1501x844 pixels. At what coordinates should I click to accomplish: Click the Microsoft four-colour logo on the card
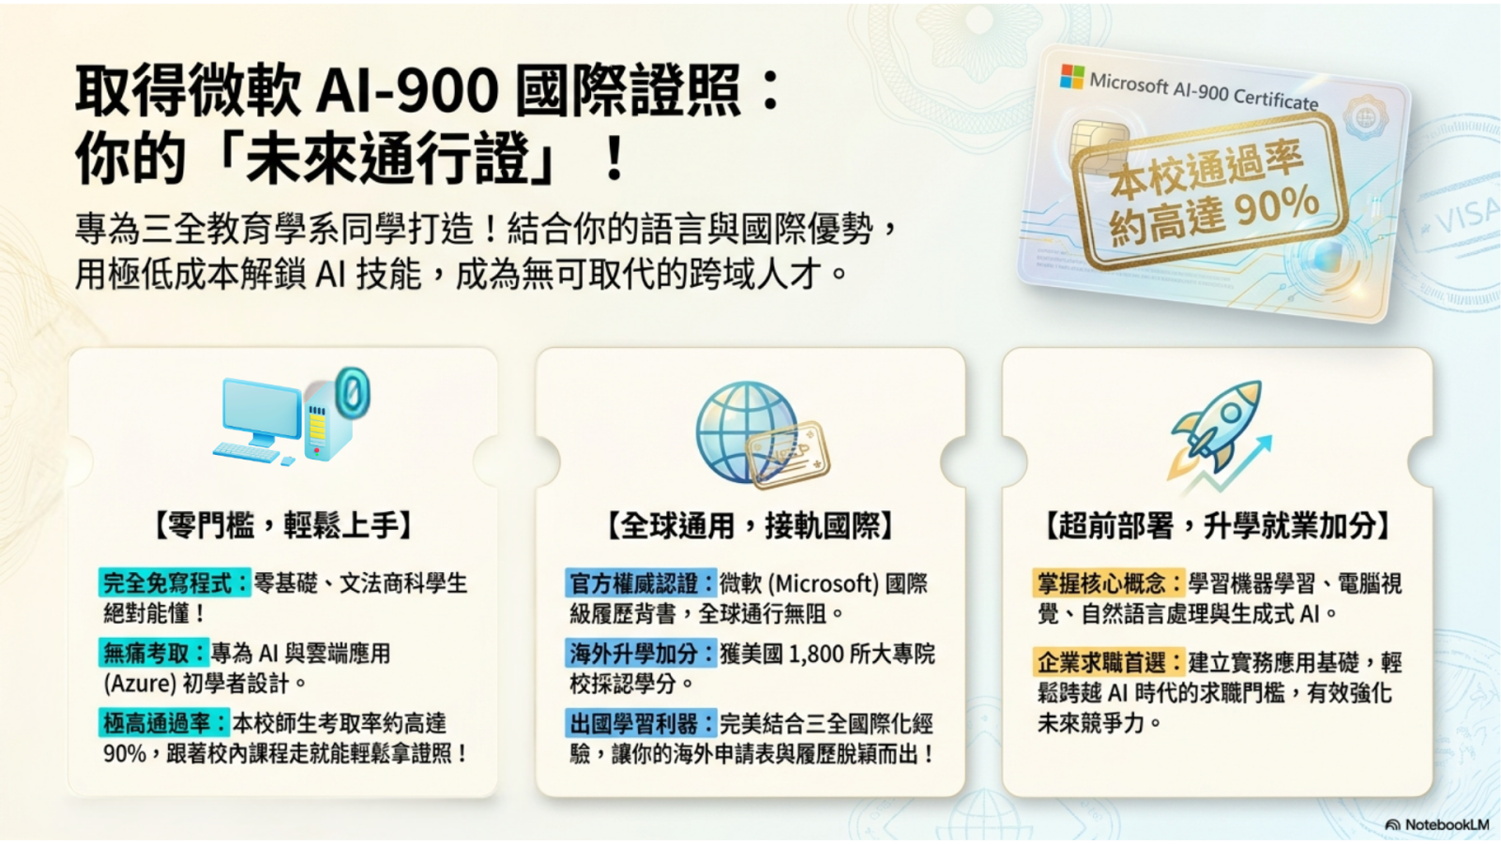pyautogui.click(x=1072, y=76)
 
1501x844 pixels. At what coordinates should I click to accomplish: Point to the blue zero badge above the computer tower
pyautogui.click(x=353, y=391)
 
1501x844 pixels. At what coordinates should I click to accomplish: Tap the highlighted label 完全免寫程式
pyautogui.click(x=174, y=582)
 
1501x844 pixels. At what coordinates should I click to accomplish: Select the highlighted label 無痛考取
pyautogui.click(x=154, y=653)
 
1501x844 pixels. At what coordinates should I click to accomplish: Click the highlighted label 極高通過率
pyautogui.click(x=164, y=723)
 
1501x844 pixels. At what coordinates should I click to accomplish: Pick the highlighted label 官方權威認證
pyautogui.click(x=641, y=582)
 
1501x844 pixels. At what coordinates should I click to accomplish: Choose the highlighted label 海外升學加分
pyautogui.click(x=641, y=653)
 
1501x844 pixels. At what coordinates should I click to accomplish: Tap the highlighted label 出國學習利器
pyautogui.click(x=641, y=723)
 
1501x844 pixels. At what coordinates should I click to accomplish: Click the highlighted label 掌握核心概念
pyautogui.click(x=1108, y=582)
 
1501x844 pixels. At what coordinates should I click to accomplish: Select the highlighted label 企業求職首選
pyautogui.click(x=1108, y=662)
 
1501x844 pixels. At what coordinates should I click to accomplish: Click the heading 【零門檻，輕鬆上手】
pyautogui.click(x=282, y=525)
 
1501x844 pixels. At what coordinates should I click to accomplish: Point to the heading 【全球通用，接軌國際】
pyautogui.click(x=750, y=525)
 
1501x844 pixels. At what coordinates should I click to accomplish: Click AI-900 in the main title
pyautogui.click(x=407, y=90)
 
